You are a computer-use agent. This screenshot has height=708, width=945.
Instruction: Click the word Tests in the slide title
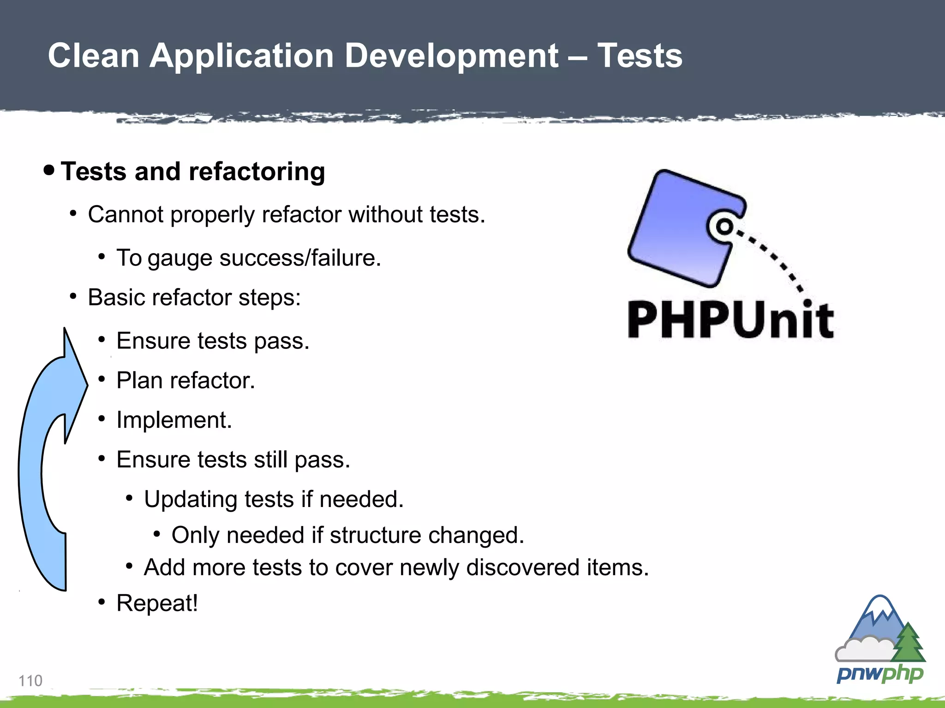(640, 56)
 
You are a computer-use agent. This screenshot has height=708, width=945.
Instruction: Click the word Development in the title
(451, 56)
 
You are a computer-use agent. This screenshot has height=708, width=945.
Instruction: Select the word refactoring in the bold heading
(257, 172)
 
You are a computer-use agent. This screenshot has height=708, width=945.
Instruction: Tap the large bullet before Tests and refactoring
(49, 170)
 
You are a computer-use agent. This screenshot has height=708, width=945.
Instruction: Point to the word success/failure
(300, 258)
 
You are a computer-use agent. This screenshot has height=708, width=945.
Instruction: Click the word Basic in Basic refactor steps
(113, 297)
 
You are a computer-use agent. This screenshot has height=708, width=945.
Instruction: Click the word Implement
(174, 420)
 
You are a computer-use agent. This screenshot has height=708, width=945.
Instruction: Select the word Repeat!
(157, 603)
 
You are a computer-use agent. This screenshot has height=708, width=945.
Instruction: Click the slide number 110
(30, 681)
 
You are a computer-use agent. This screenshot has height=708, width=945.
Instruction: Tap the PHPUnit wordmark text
(731, 320)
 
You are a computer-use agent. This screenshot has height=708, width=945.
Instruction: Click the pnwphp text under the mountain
(880, 674)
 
